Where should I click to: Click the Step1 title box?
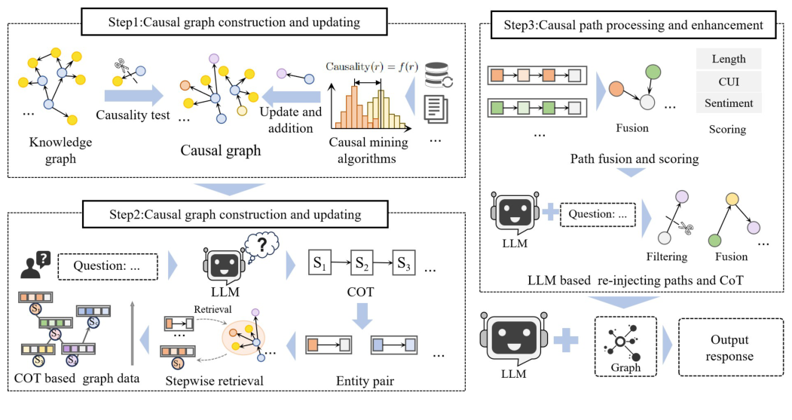231,23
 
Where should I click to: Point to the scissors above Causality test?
123,71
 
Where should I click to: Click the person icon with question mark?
34,265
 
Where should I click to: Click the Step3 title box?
635,26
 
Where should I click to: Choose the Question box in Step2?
107,265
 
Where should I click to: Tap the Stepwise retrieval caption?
214,381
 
